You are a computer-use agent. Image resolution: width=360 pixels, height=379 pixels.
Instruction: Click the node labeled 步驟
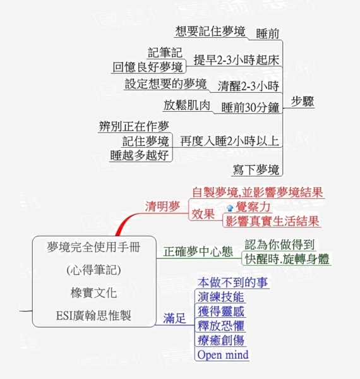303,102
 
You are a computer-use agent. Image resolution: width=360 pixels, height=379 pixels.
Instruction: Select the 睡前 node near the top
267,33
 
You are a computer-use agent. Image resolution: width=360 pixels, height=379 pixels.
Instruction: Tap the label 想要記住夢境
210,32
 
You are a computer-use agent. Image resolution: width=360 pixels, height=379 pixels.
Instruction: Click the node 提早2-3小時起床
237,60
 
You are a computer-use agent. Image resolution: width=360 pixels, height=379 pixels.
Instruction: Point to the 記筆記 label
165,52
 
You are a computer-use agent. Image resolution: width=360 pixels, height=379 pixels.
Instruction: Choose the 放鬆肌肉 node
187,105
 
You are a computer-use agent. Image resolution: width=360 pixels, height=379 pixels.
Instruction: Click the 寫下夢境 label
256,170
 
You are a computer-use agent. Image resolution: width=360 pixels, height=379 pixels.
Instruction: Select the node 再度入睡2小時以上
230,141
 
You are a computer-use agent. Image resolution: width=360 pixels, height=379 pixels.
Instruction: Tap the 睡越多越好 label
140,155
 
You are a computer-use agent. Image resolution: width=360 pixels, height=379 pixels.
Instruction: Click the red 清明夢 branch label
162,207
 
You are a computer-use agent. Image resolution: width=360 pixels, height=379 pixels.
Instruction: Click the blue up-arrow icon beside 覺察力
230,208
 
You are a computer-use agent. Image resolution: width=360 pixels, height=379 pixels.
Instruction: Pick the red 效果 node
203,214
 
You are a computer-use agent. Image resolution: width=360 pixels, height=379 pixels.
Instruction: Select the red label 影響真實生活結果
272,221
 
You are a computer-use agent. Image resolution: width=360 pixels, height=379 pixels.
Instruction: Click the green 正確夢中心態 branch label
198,251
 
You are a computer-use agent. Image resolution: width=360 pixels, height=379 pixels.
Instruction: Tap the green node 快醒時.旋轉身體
287,259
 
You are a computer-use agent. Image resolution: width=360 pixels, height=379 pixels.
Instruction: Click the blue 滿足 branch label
174,318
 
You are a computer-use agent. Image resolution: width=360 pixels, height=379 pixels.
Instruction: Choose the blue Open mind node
223,355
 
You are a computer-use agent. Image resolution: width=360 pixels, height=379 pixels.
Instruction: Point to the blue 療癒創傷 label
221,340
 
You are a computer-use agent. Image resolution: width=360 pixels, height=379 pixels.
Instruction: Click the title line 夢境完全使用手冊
93,247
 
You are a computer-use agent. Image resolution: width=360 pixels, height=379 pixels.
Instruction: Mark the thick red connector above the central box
125,221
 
